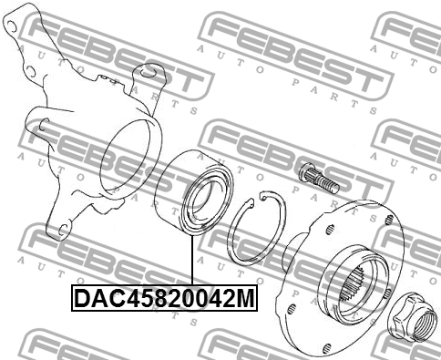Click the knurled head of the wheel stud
305,170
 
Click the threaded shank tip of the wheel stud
328,183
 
